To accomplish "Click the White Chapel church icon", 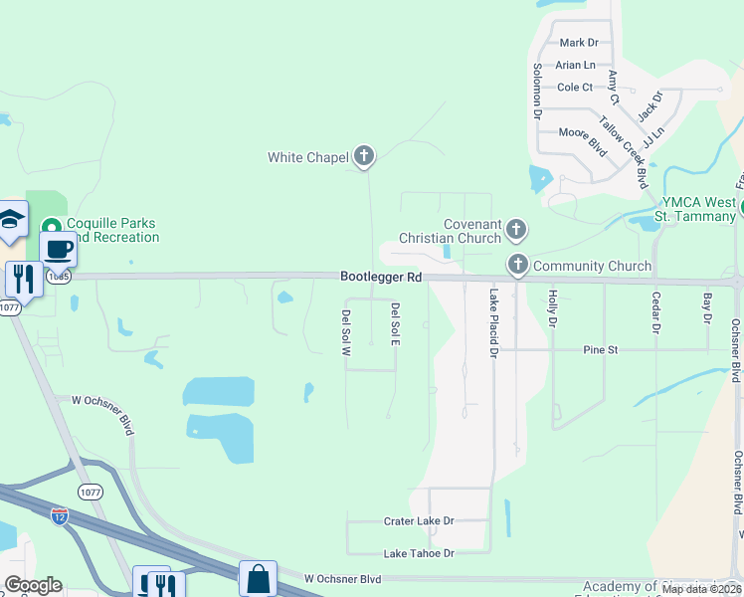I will click(364, 155).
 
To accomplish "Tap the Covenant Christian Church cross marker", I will click(515, 230).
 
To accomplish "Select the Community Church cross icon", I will click(517, 265).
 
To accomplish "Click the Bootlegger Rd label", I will click(381, 276).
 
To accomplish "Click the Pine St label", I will click(601, 350).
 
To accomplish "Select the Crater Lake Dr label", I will click(419, 520).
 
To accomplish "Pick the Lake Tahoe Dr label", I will click(419, 553).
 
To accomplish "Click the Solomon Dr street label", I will click(537, 92).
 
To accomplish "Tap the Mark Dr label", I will click(579, 43).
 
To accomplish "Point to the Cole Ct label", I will click(575, 88).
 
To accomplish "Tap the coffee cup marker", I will click(59, 249).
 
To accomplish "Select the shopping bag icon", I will click(258, 577).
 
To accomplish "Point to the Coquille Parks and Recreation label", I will click(112, 230).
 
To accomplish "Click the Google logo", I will click(33, 585).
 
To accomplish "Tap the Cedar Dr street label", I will click(656, 311).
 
